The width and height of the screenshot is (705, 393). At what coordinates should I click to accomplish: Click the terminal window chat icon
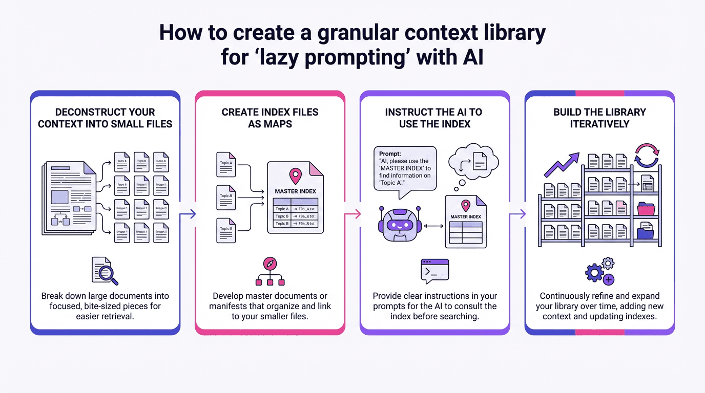click(434, 271)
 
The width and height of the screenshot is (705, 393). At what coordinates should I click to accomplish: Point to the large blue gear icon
click(594, 273)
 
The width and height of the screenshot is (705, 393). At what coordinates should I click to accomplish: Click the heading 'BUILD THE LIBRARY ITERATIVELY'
click(599, 118)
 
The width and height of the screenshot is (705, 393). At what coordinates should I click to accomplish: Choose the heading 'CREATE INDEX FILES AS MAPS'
click(269, 118)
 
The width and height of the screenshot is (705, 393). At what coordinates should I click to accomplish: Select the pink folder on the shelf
click(646, 209)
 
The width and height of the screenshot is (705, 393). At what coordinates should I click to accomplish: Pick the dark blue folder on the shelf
click(645, 233)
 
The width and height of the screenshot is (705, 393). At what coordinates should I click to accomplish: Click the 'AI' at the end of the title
click(471, 57)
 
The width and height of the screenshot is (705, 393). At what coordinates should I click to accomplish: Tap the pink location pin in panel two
click(295, 176)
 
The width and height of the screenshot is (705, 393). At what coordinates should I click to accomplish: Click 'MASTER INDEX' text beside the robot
click(466, 217)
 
